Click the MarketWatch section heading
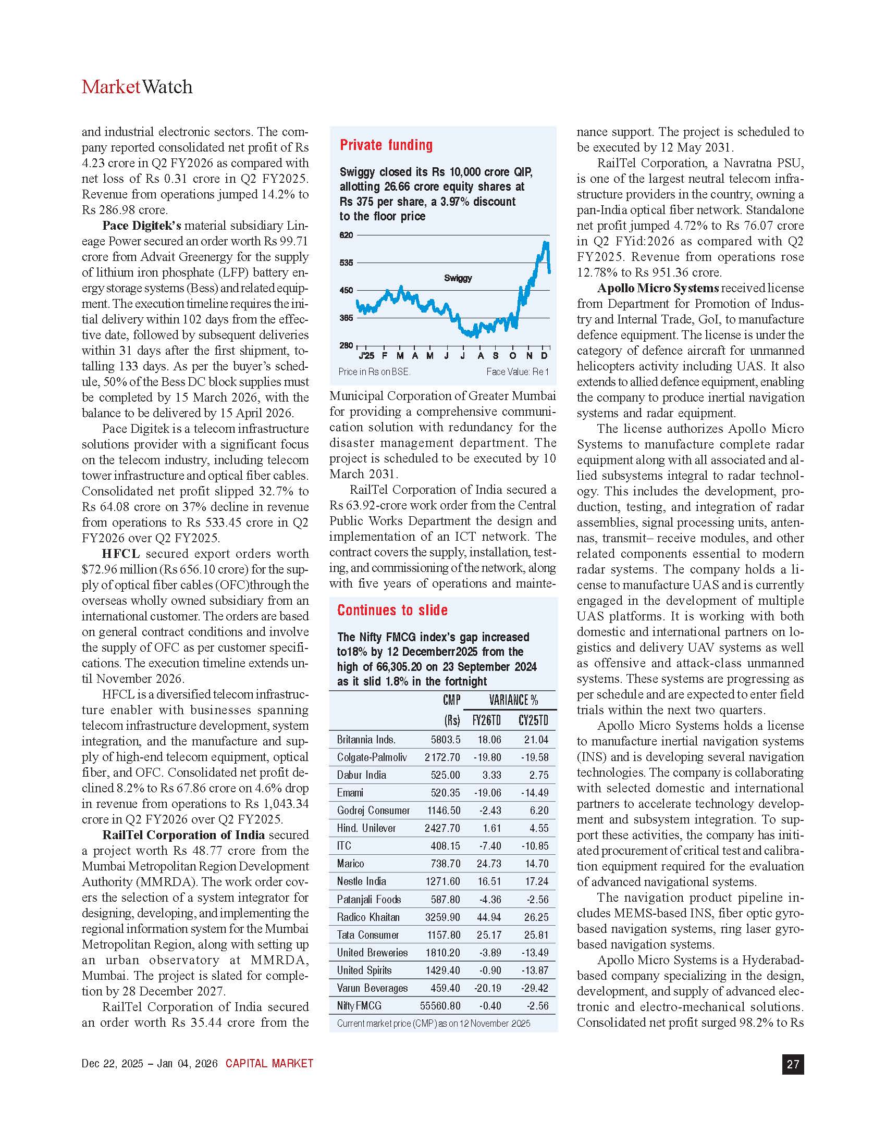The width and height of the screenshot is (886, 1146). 137,87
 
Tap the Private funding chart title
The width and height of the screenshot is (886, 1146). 386,145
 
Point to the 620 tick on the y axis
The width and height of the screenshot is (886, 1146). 346,235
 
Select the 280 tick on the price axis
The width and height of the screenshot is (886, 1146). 346,345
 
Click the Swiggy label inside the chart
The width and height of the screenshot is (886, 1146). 458,278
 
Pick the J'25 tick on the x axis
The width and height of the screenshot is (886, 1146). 366,356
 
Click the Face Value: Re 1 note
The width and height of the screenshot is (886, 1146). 517,372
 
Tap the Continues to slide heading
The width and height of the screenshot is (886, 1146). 392,611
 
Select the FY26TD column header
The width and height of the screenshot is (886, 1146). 487,720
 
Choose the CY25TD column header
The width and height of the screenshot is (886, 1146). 533,720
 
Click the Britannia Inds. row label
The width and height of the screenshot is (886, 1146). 366,740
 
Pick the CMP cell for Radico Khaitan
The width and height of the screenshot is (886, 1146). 442,917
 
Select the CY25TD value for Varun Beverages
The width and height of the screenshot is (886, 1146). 534,988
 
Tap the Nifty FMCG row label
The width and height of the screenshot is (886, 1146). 359,1006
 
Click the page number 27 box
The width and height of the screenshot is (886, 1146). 793,1064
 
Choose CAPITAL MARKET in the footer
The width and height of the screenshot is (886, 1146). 269,1064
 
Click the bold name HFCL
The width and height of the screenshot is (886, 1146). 121,554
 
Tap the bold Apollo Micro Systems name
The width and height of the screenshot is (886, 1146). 658,288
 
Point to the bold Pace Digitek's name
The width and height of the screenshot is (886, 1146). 142,226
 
